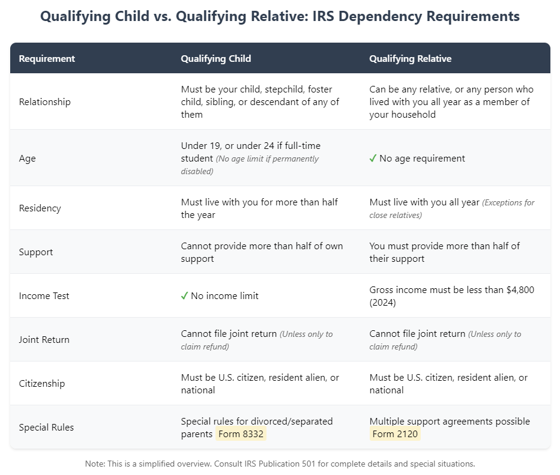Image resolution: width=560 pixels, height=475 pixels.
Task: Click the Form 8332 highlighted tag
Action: tap(241, 434)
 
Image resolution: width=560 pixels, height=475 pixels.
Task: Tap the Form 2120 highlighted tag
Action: tap(395, 434)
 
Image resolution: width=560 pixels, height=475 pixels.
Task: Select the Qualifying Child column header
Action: tap(216, 59)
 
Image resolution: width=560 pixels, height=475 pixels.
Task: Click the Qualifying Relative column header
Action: tap(411, 59)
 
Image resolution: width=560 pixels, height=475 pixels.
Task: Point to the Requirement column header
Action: tap(47, 59)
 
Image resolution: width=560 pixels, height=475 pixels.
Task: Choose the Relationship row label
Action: tap(44, 101)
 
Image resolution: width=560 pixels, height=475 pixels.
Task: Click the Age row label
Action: tap(28, 159)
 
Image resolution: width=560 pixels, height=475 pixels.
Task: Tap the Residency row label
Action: tap(40, 208)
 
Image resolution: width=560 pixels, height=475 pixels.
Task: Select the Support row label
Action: tap(36, 252)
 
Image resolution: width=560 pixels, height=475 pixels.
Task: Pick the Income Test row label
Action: tap(44, 296)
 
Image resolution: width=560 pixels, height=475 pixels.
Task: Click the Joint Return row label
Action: tap(44, 340)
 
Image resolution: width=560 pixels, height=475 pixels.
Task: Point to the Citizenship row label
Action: tap(42, 384)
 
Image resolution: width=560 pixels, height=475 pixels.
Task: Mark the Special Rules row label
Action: tap(46, 428)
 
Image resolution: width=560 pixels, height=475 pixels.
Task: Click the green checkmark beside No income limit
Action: tap(184, 296)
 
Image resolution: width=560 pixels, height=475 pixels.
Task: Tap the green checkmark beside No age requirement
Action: tap(373, 159)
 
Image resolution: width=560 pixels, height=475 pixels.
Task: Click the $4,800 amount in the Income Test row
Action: tap(520, 290)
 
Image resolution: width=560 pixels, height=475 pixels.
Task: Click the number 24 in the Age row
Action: tap(269, 146)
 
